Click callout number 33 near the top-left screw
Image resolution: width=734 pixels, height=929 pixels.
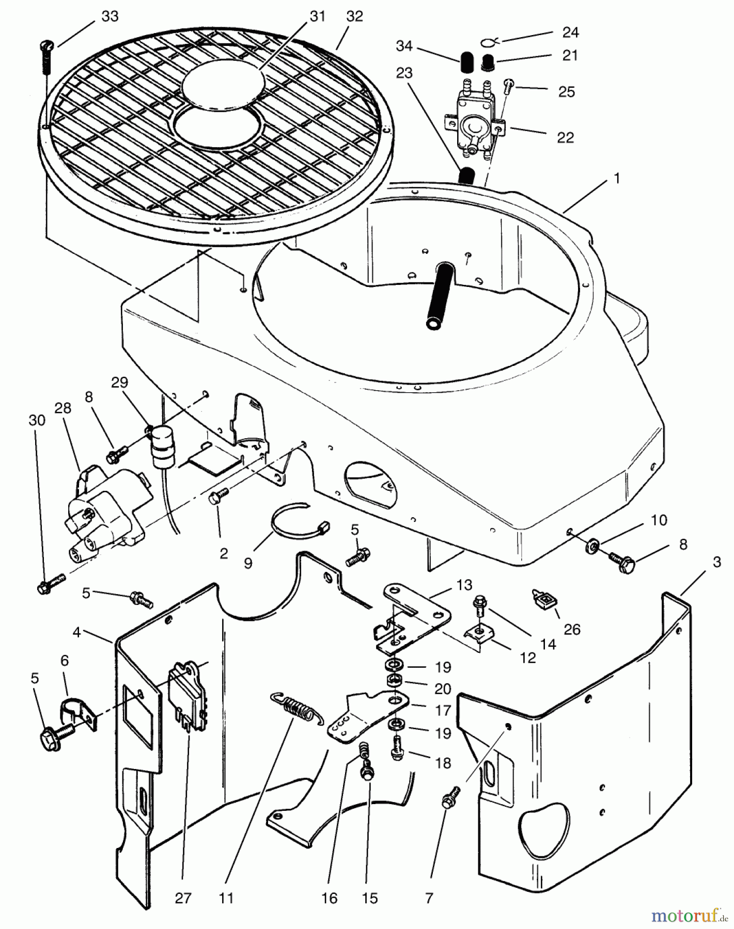(x=110, y=17)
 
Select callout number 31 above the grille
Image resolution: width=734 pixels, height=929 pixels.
(x=317, y=17)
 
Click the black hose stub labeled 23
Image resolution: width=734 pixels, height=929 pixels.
(x=468, y=176)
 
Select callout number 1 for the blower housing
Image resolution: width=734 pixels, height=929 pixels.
(x=616, y=178)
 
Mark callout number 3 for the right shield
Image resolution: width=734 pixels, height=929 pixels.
(x=716, y=562)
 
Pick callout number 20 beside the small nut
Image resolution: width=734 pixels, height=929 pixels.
(x=443, y=689)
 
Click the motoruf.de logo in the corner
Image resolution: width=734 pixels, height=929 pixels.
(x=686, y=915)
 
